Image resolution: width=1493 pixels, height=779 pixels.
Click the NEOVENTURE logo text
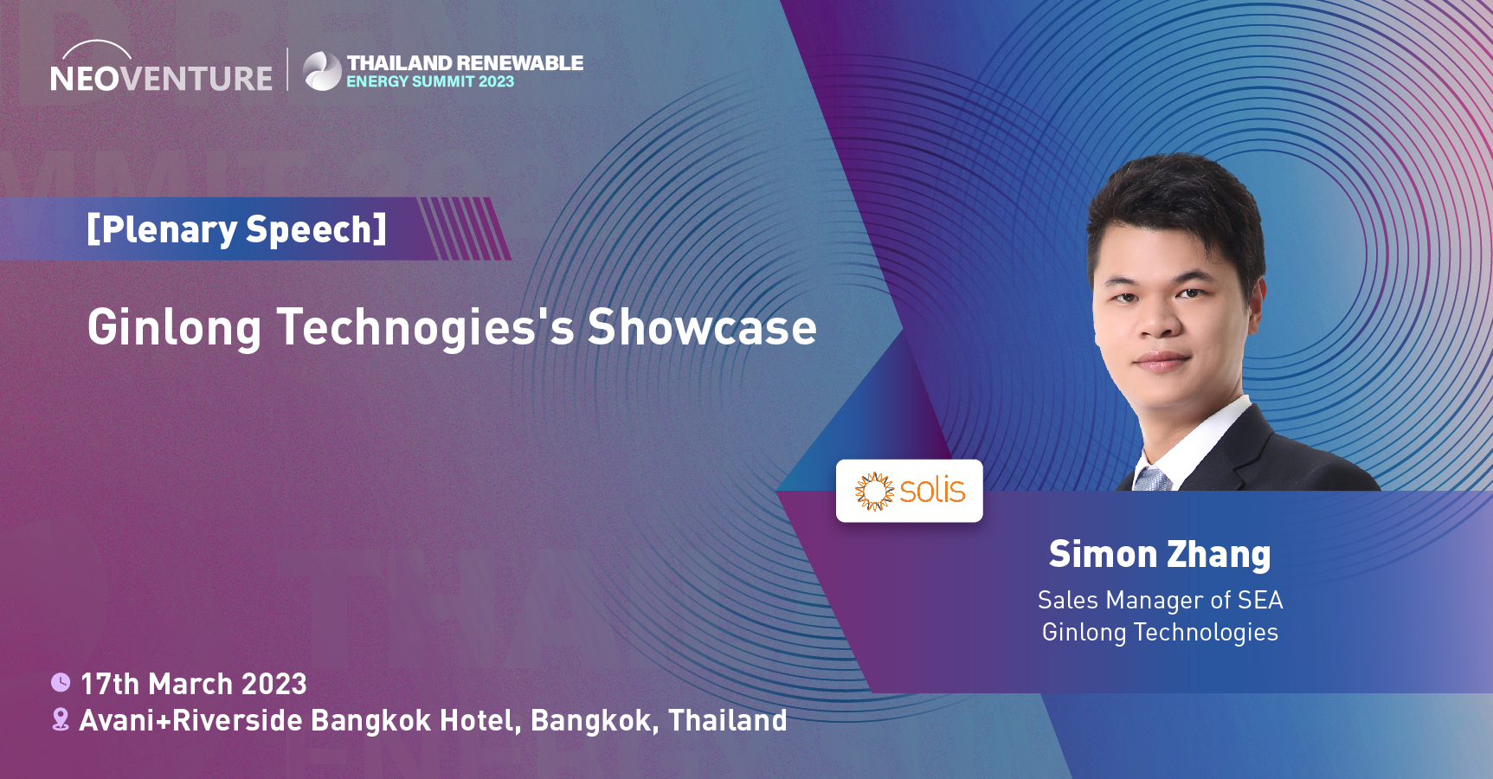[161, 78]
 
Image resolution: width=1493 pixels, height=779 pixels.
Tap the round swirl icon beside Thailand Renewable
[323, 71]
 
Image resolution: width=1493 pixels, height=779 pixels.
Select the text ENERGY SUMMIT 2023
[430, 81]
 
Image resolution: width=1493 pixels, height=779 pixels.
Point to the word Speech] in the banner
[316, 229]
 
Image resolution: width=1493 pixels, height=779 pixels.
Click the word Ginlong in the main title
[174, 328]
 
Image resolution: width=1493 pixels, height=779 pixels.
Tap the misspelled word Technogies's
[425, 328]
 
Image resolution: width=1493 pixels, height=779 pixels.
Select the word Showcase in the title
[702, 327]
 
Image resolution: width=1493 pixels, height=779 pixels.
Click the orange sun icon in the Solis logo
[874, 491]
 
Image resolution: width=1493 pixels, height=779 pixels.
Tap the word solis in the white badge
[932, 490]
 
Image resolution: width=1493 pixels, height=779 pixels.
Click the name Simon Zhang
[1160, 554]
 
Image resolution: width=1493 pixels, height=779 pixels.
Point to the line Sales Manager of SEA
[1160, 600]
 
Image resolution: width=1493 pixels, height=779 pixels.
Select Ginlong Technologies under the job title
[1160, 632]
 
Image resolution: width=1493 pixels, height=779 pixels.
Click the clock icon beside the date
[61, 683]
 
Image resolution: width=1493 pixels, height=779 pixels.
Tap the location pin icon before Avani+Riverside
[61, 719]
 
